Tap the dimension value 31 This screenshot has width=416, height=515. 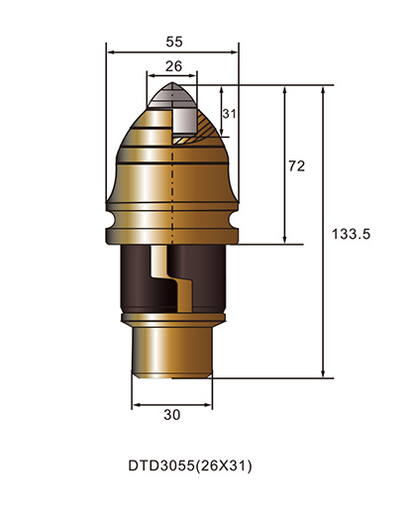[x=229, y=114]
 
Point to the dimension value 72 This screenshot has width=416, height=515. [x=295, y=166]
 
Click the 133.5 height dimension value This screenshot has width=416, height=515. [x=349, y=235]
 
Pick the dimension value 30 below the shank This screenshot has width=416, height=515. [x=171, y=416]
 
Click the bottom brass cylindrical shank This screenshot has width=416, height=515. [x=171, y=352]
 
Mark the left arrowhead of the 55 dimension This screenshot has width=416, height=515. [x=109, y=51]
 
